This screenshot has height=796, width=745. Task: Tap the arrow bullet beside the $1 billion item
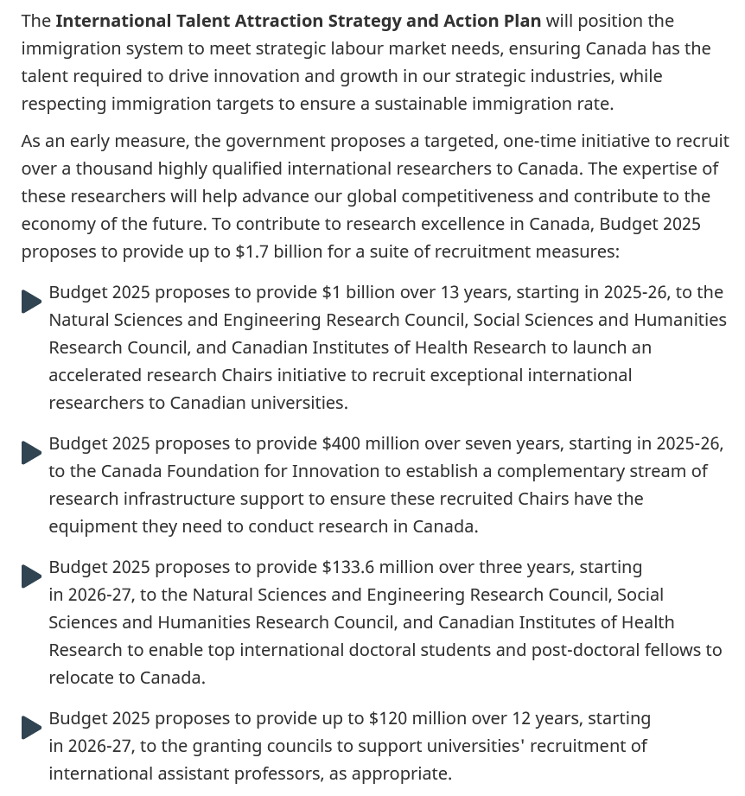click(x=31, y=301)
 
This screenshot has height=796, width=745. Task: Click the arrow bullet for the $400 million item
click(x=31, y=452)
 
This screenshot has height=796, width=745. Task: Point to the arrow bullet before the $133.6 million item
click(x=31, y=576)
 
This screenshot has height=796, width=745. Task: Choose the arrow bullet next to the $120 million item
click(x=31, y=727)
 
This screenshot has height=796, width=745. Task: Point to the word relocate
click(x=86, y=678)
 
